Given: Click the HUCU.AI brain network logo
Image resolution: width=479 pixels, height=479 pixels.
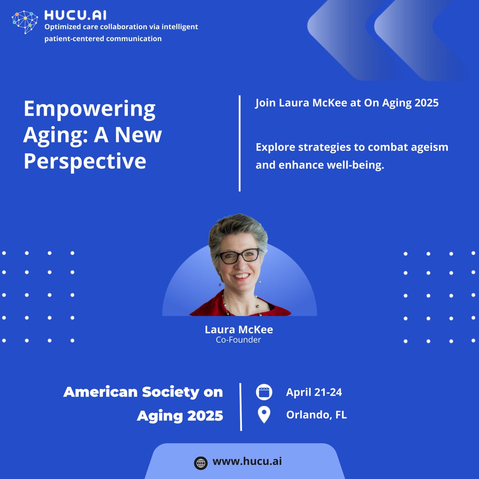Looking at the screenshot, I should pyautogui.click(x=25, y=22).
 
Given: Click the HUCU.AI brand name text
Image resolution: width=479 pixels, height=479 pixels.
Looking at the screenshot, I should pyautogui.click(x=75, y=15).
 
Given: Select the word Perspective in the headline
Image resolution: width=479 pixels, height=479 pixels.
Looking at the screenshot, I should pyautogui.click(x=85, y=161).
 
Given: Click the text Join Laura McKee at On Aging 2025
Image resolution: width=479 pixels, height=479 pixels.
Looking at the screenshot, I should pyautogui.click(x=347, y=103).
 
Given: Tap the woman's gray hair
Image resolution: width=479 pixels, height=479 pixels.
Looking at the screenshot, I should pyautogui.click(x=238, y=228).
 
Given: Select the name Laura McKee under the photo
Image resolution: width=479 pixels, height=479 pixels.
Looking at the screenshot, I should pyautogui.click(x=239, y=329).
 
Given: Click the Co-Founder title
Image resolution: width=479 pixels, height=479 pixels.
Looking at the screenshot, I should pyautogui.click(x=238, y=340).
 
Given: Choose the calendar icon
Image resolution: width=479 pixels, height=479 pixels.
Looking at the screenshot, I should pyautogui.click(x=264, y=392).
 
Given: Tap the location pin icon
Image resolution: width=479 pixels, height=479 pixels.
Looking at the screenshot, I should pyautogui.click(x=264, y=415).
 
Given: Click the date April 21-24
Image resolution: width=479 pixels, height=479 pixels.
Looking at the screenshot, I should pyautogui.click(x=314, y=392).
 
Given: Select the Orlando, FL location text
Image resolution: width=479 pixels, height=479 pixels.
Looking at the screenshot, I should pyautogui.click(x=316, y=415).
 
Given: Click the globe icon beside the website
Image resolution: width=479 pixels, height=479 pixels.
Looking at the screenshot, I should pyautogui.click(x=201, y=463).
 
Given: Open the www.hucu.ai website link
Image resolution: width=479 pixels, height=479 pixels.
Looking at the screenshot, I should pyautogui.click(x=247, y=461).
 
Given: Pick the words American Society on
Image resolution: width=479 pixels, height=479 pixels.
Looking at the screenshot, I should pyautogui.click(x=143, y=392).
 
